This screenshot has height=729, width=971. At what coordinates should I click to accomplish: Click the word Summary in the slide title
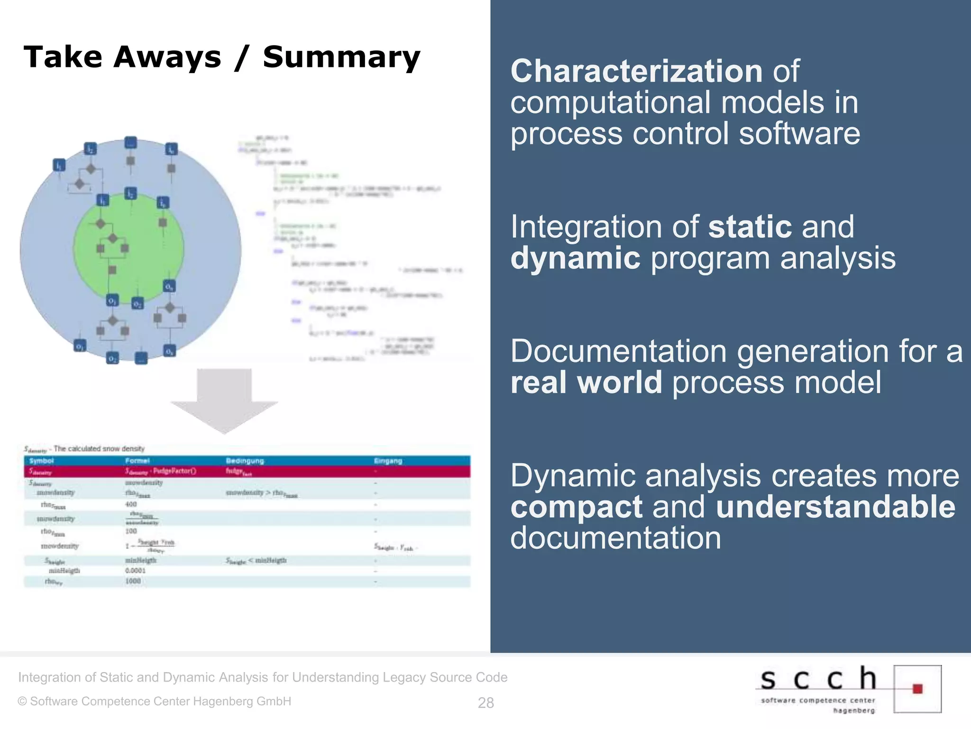[341, 58]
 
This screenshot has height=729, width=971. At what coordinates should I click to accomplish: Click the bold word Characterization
[636, 72]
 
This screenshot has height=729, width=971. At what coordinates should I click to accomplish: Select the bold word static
[750, 227]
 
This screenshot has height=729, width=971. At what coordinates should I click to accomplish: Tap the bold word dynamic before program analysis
[575, 259]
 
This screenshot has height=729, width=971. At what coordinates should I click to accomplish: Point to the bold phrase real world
[586, 383]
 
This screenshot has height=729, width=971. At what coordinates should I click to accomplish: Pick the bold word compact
[576, 507]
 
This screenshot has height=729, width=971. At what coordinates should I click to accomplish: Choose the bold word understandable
[835, 507]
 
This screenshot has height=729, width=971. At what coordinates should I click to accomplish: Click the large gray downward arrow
[224, 400]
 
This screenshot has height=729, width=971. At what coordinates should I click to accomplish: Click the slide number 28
[485, 702]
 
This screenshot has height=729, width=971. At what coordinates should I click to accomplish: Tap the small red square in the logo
[917, 689]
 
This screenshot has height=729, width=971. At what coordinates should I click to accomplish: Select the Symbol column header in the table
[42, 461]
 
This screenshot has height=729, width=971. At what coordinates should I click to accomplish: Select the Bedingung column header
[245, 461]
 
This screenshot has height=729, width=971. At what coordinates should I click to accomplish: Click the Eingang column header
[388, 461]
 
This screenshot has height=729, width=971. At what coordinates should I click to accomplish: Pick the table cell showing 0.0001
[135, 571]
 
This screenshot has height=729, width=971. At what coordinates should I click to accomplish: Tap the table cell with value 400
[131, 505]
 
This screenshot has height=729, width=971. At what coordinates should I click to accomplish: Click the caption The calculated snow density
[99, 449]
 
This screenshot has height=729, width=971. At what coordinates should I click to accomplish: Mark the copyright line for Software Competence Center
[155, 701]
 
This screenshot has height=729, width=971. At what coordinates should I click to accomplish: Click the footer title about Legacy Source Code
[263, 677]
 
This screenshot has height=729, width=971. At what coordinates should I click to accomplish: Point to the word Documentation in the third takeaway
[618, 352]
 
